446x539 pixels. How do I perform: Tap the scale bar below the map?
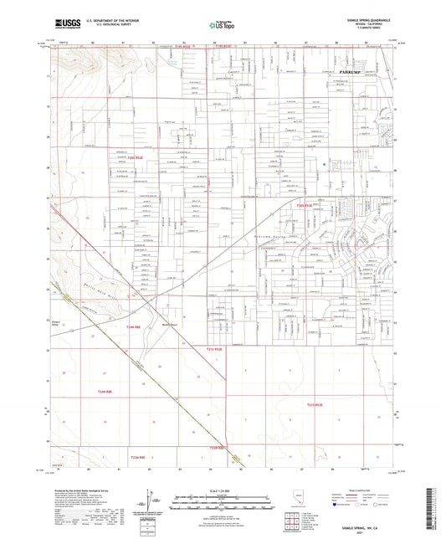[x=223, y=500]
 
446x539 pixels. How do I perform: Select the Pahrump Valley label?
[x=270, y=238]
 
